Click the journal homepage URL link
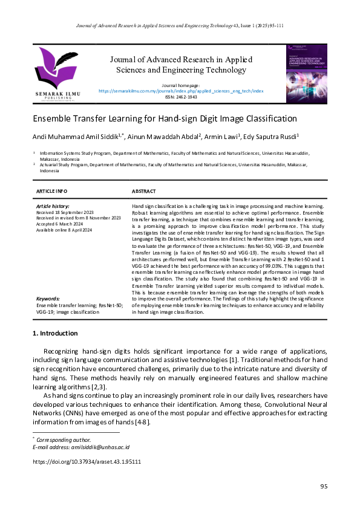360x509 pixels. coord(180,91)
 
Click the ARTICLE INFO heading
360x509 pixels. coord(52,191)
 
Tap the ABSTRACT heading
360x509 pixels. coord(144,191)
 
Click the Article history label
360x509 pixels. coord(53,206)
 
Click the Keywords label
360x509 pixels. coord(48,299)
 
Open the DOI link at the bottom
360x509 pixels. coord(87,461)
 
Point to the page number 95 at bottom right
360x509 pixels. coord(323,487)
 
